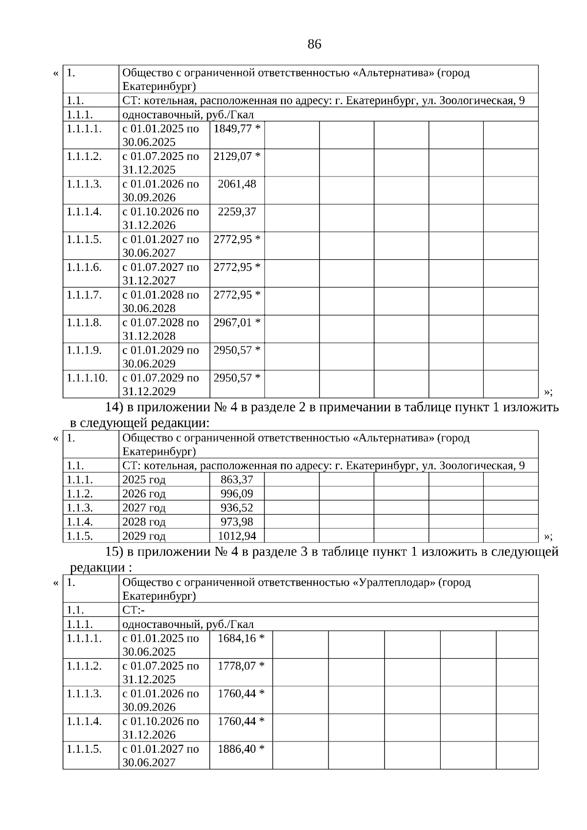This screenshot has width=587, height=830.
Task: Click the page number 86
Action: tap(315, 45)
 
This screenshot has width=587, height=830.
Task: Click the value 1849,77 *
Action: tap(237, 129)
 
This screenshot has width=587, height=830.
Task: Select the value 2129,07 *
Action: tap(237, 157)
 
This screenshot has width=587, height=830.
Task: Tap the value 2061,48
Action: tap(237, 184)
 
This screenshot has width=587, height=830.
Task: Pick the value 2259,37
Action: tap(237, 212)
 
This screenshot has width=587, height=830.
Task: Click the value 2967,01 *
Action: tap(237, 322)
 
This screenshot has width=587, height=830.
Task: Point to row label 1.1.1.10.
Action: tap(87, 378)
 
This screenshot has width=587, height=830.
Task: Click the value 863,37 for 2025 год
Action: tap(237, 479)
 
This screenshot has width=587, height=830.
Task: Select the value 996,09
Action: tap(237, 494)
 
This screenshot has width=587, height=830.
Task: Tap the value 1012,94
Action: tap(237, 536)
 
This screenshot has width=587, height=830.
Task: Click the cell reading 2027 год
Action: tap(144, 508)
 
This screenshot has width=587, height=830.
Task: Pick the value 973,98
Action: tap(237, 522)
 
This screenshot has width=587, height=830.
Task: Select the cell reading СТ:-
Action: tap(133, 610)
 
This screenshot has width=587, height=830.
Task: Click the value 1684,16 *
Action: tap(241, 638)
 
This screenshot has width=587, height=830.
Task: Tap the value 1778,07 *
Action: tap(241, 666)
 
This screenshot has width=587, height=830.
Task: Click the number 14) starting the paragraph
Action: tap(115, 407)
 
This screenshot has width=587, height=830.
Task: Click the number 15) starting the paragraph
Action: tap(115, 552)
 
